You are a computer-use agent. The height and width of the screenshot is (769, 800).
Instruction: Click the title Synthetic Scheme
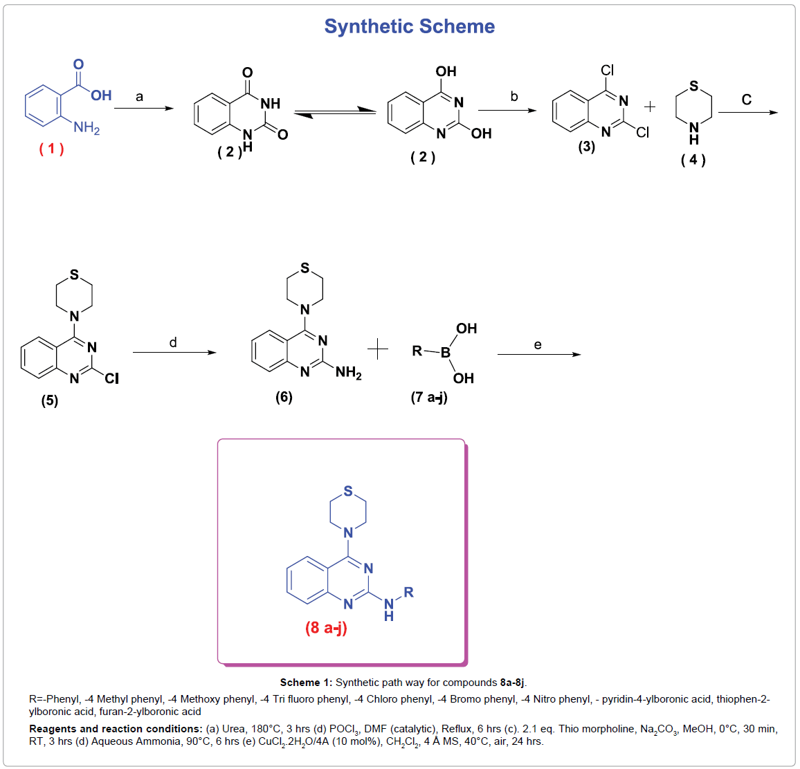pos(409,26)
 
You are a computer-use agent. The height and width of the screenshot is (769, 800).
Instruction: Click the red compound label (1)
pos(51,149)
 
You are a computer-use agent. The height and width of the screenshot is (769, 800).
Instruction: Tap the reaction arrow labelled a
pos(143,109)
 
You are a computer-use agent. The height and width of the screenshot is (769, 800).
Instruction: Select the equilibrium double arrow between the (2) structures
pos(334,113)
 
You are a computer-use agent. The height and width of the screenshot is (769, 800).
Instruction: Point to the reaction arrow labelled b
pos(507,110)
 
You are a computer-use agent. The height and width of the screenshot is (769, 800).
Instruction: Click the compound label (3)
pos(587,147)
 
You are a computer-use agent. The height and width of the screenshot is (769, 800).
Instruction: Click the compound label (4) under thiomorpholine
pos(693,160)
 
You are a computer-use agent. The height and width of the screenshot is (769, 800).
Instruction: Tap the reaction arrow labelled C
pos(748,112)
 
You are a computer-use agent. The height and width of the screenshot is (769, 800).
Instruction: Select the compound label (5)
pos(50,400)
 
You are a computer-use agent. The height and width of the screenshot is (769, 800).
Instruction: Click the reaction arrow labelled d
pos(174,353)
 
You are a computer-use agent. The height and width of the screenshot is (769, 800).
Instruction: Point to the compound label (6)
pos(284,396)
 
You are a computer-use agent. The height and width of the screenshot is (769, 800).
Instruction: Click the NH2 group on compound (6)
pos(349,373)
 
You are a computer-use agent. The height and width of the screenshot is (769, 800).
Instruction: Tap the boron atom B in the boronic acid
pos(446,352)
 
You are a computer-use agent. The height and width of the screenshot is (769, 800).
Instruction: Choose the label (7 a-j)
pos(429,397)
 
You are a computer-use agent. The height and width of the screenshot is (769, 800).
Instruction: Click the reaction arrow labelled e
pos(539,355)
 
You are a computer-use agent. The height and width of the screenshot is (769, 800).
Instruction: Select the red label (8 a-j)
pos(326,628)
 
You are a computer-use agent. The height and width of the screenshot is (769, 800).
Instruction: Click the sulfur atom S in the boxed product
pos(348,491)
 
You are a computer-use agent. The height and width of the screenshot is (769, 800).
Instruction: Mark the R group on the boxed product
pos(408,592)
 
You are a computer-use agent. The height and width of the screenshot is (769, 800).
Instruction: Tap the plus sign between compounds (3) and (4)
pos(650,107)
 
